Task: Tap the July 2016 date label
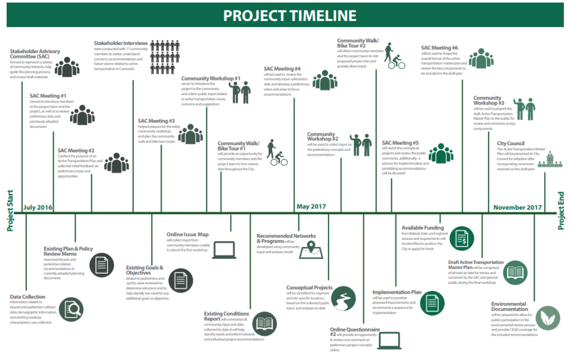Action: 38,208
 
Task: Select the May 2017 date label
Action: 311,207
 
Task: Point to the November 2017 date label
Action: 518,208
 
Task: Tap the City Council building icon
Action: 550,161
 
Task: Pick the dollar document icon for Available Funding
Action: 461,238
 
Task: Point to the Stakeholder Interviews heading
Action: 121,43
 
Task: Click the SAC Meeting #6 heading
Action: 439,48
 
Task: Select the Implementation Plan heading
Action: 396,292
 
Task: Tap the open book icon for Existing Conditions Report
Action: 265,323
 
